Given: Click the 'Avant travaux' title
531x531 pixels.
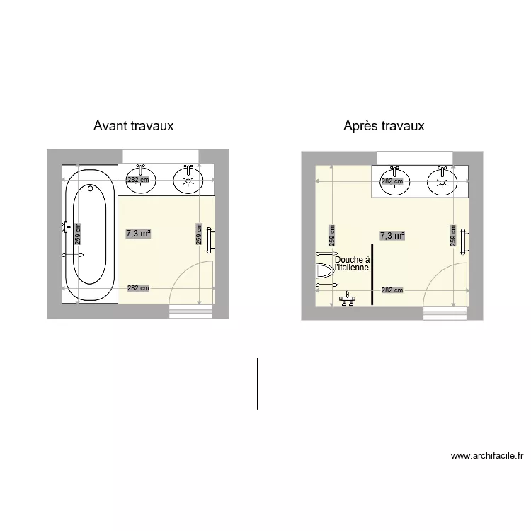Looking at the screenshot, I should tap(133, 126).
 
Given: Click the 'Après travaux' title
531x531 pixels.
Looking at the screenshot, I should tap(384, 126).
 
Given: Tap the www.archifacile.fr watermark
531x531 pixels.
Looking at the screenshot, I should tap(486, 456).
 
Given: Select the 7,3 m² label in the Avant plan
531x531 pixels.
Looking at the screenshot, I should tap(138, 233).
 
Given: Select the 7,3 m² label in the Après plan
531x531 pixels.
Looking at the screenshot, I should tap(392, 236).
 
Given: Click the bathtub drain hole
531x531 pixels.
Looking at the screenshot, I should tap(90, 188).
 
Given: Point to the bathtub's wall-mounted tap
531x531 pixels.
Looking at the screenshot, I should tap(66, 227).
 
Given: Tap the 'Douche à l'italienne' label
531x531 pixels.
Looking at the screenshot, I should tap(352, 264).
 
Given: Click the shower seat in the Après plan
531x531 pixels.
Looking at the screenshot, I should tap(324, 271).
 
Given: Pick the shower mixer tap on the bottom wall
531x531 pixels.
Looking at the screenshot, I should tap(347, 298).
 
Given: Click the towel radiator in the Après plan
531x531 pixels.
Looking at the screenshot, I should tap(463, 241).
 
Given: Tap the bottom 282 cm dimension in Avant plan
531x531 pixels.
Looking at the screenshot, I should tap(138, 288).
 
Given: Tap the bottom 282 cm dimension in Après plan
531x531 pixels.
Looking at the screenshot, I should tap(392, 290).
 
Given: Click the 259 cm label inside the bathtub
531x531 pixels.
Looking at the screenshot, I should tap(78, 234).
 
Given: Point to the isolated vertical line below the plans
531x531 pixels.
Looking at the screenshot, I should tap(257, 383).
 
